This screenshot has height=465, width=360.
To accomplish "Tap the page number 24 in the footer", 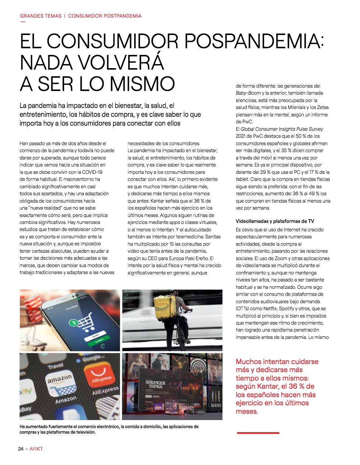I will point(21,449).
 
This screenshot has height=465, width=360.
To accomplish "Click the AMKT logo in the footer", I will point(36,449).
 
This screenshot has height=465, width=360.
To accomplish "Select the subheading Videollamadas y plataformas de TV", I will point(275,221).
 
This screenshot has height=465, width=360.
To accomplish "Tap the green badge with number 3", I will point(73,323).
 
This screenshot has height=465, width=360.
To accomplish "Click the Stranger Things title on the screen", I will point(155,384).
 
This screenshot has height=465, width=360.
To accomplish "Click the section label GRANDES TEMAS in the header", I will point(41,16).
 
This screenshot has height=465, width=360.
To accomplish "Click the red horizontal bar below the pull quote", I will point(258,433).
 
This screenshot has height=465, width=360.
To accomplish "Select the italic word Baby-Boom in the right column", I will point(248,93).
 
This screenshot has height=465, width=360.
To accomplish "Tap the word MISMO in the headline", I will point(142,84).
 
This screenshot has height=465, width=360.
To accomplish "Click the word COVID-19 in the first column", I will point(92,172).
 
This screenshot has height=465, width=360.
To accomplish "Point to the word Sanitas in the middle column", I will point(213,237).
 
